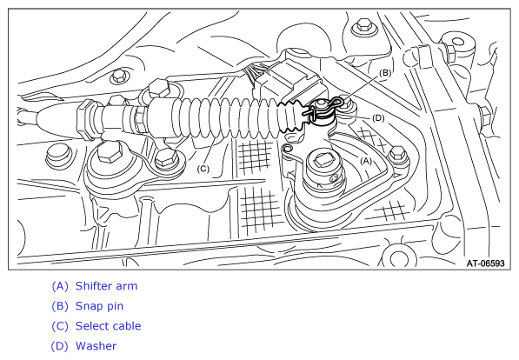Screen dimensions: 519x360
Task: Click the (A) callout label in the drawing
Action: click(x=366, y=161)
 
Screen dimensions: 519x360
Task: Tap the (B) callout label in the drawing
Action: click(x=385, y=73)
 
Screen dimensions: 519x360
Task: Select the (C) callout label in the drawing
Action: click(x=203, y=169)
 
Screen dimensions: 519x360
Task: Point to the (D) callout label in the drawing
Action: click(x=378, y=118)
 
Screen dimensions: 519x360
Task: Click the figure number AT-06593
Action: click(x=486, y=263)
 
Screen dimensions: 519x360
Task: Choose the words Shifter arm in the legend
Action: click(x=106, y=286)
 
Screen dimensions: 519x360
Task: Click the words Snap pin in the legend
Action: click(x=99, y=306)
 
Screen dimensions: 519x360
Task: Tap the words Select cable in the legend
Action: click(x=109, y=326)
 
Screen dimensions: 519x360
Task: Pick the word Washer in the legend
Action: click(x=96, y=346)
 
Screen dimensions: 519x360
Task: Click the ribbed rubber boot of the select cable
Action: click(x=225, y=117)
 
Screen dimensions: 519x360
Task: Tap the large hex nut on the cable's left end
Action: click(x=87, y=118)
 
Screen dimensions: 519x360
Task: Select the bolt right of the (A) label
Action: click(x=398, y=154)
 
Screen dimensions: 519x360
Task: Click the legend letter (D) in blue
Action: click(x=60, y=346)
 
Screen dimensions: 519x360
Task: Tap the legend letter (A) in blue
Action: click(x=60, y=286)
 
